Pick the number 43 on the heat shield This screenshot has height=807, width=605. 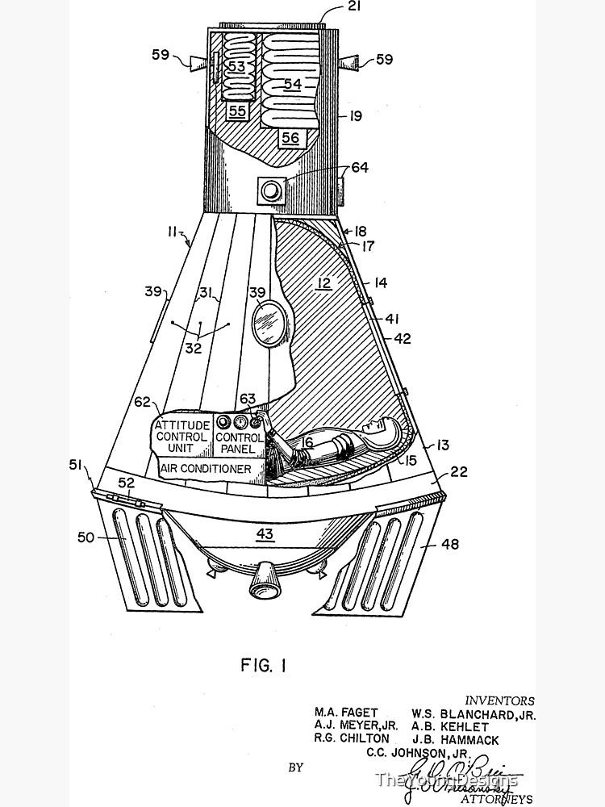point(265,533)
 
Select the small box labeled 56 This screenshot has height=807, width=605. point(289,138)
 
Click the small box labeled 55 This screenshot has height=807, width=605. point(236,111)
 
